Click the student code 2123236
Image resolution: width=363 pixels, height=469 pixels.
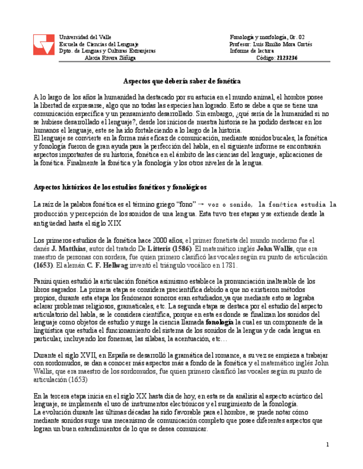[287, 58]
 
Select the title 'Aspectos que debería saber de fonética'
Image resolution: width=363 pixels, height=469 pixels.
[181, 81]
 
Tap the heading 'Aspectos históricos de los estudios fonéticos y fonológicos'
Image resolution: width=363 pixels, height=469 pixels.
[120, 187]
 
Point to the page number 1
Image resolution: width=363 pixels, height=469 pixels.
[328, 445]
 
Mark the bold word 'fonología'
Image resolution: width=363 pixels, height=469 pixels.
[219, 322]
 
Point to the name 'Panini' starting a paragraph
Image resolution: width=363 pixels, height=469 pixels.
[43, 281]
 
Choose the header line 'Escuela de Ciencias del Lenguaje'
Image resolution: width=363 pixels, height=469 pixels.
[99, 43]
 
